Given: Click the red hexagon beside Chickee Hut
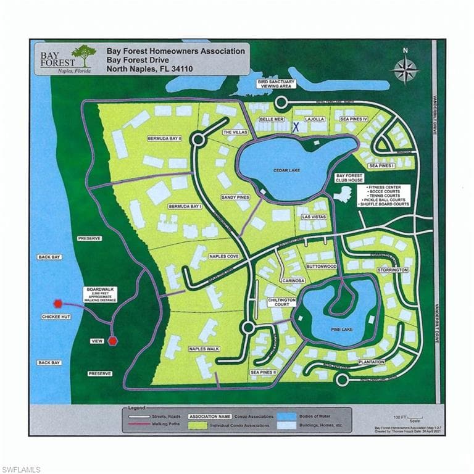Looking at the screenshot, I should point(57,303).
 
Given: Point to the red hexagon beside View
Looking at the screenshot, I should point(112,341).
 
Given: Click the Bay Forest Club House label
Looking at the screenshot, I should point(349,178).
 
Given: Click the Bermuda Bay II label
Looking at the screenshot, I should point(164,138).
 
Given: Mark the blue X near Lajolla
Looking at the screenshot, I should point(296,127).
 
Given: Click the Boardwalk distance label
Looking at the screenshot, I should point(101,295).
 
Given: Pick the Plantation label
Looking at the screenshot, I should point(370,362).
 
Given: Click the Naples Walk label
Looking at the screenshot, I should point(204,349).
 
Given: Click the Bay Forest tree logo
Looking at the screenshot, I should point(83,56).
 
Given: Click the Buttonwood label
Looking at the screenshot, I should point(321,267).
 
